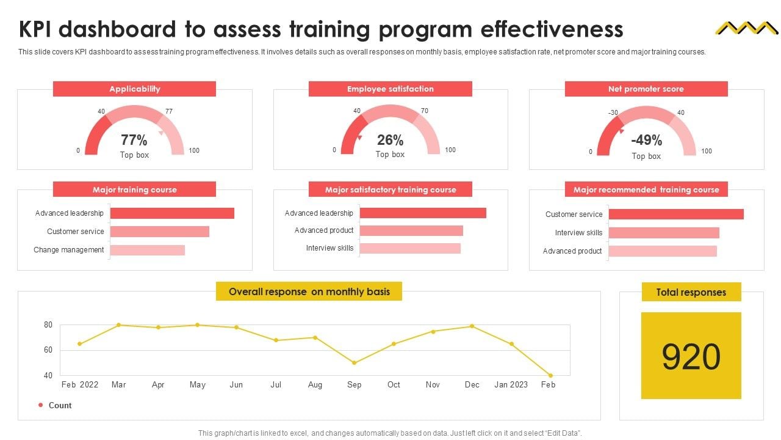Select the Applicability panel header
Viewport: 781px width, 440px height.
(x=134, y=89)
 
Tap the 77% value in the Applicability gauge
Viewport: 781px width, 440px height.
(x=134, y=141)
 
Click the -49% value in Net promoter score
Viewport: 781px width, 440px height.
(x=646, y=141)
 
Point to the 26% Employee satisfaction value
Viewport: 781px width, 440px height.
(x=390, y=141)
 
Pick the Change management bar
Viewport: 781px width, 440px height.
(x=147, y=250)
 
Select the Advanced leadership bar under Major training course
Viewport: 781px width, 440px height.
(x=172, y=213)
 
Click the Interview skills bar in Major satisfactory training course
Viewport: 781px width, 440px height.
(x=410, y=248)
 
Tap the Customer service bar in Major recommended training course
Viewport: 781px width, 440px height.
(x=676, y=215)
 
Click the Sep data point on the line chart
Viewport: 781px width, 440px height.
(x=355, y=363)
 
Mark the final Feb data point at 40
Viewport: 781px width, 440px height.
(x=550, y=375)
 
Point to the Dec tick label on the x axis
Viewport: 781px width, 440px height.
(x=472, y=385)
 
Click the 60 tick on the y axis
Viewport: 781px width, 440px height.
(x=48, y=350)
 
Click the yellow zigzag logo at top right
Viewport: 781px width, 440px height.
(x=745, y=28)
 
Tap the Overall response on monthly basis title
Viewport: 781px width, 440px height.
(x=309, y=291)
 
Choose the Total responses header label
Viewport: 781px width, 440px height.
(x=691, y=292)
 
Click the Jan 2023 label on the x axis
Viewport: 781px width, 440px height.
(x=511, y=385)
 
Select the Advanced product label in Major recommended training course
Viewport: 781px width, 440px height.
(x=572, y=251)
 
